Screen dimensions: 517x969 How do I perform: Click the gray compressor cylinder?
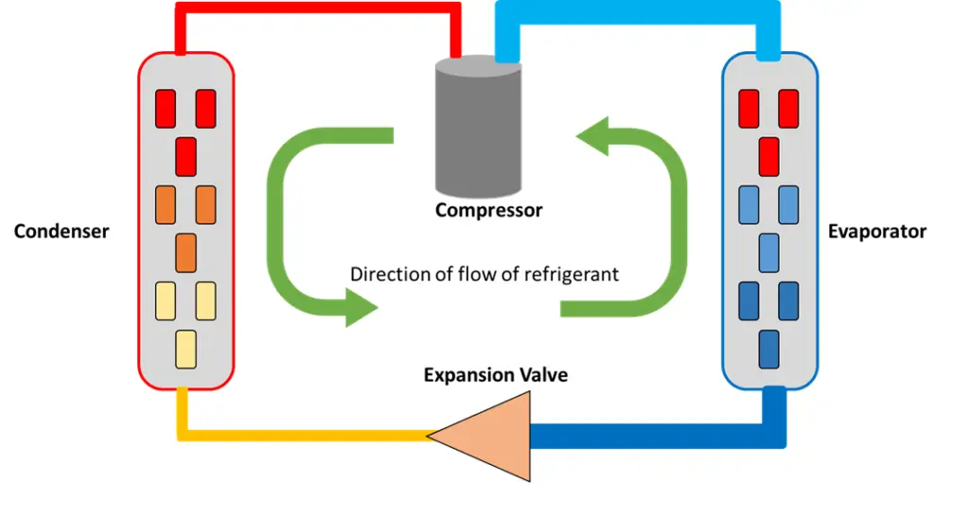(478, 128)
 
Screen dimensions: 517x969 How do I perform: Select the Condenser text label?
(62, 231)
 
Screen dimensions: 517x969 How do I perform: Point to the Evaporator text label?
(876, 231)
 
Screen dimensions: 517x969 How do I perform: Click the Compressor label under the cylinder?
(488, 210)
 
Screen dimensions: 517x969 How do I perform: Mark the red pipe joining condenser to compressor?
(322, 12)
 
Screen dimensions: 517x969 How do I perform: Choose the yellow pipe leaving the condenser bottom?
(303, 436)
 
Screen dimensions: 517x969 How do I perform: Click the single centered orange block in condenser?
(186, 252)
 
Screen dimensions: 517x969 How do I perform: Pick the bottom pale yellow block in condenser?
(186, 348)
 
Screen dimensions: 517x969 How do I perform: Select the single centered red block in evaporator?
(768, 155)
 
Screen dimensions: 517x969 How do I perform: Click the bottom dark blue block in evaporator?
(768, 348)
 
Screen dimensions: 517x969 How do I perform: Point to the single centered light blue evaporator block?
(768, 252)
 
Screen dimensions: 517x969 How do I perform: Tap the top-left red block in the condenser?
(166, 108)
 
